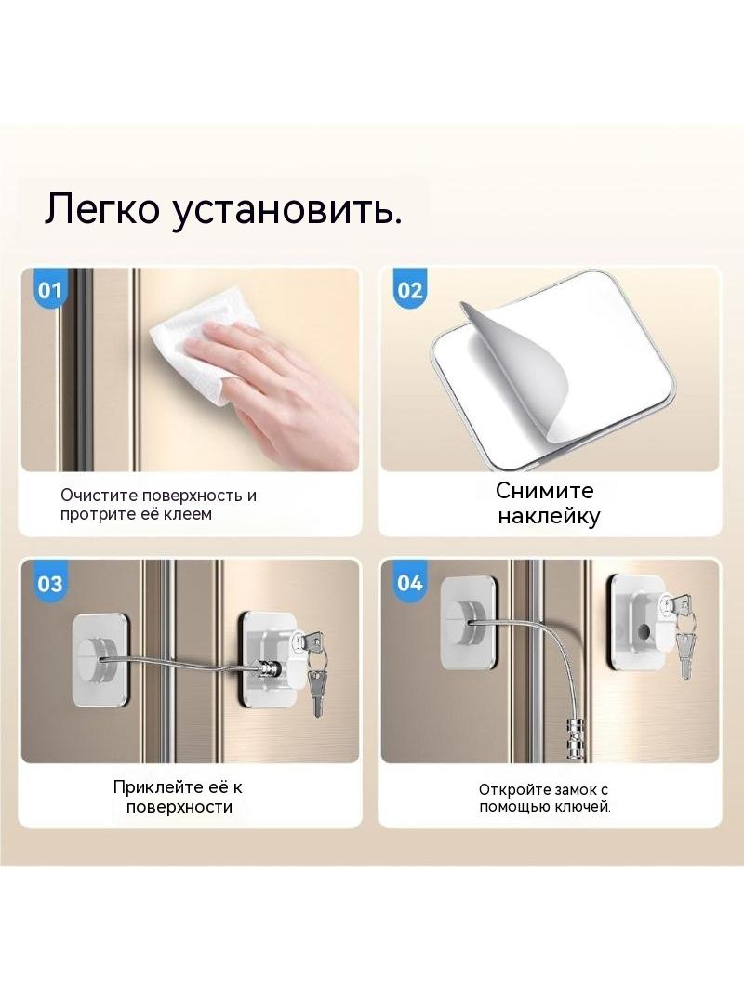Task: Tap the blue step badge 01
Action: tap(49, 290)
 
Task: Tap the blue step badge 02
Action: tap(409, 290)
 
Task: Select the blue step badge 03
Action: tap(49, 582)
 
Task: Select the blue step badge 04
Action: tap(409, 582)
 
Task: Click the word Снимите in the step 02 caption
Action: tap(544, 491)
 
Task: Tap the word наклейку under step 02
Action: tap(548, 516)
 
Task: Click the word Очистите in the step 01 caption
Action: tap(99, 495)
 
